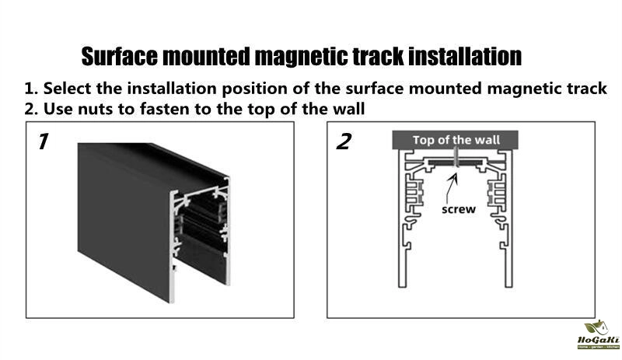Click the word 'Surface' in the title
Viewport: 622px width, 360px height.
(x=120, y=56)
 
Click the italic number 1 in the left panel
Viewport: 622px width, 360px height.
(x=43, y=142)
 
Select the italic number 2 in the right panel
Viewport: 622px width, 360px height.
(x=344, y=142)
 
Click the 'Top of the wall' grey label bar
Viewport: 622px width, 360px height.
(x=455, y=140)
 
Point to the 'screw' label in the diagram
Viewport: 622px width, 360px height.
(x=459, y=209)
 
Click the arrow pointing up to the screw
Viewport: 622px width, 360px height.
(x=451, y=188)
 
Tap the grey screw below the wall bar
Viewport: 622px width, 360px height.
(x=456, y=158)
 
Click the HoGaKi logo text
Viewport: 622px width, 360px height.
(x=598, y=340)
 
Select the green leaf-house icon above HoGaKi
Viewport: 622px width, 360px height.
(x=596, y=328)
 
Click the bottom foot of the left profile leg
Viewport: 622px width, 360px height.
(x=402, y=283)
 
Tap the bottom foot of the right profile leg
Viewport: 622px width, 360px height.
(x=508, y=283)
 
